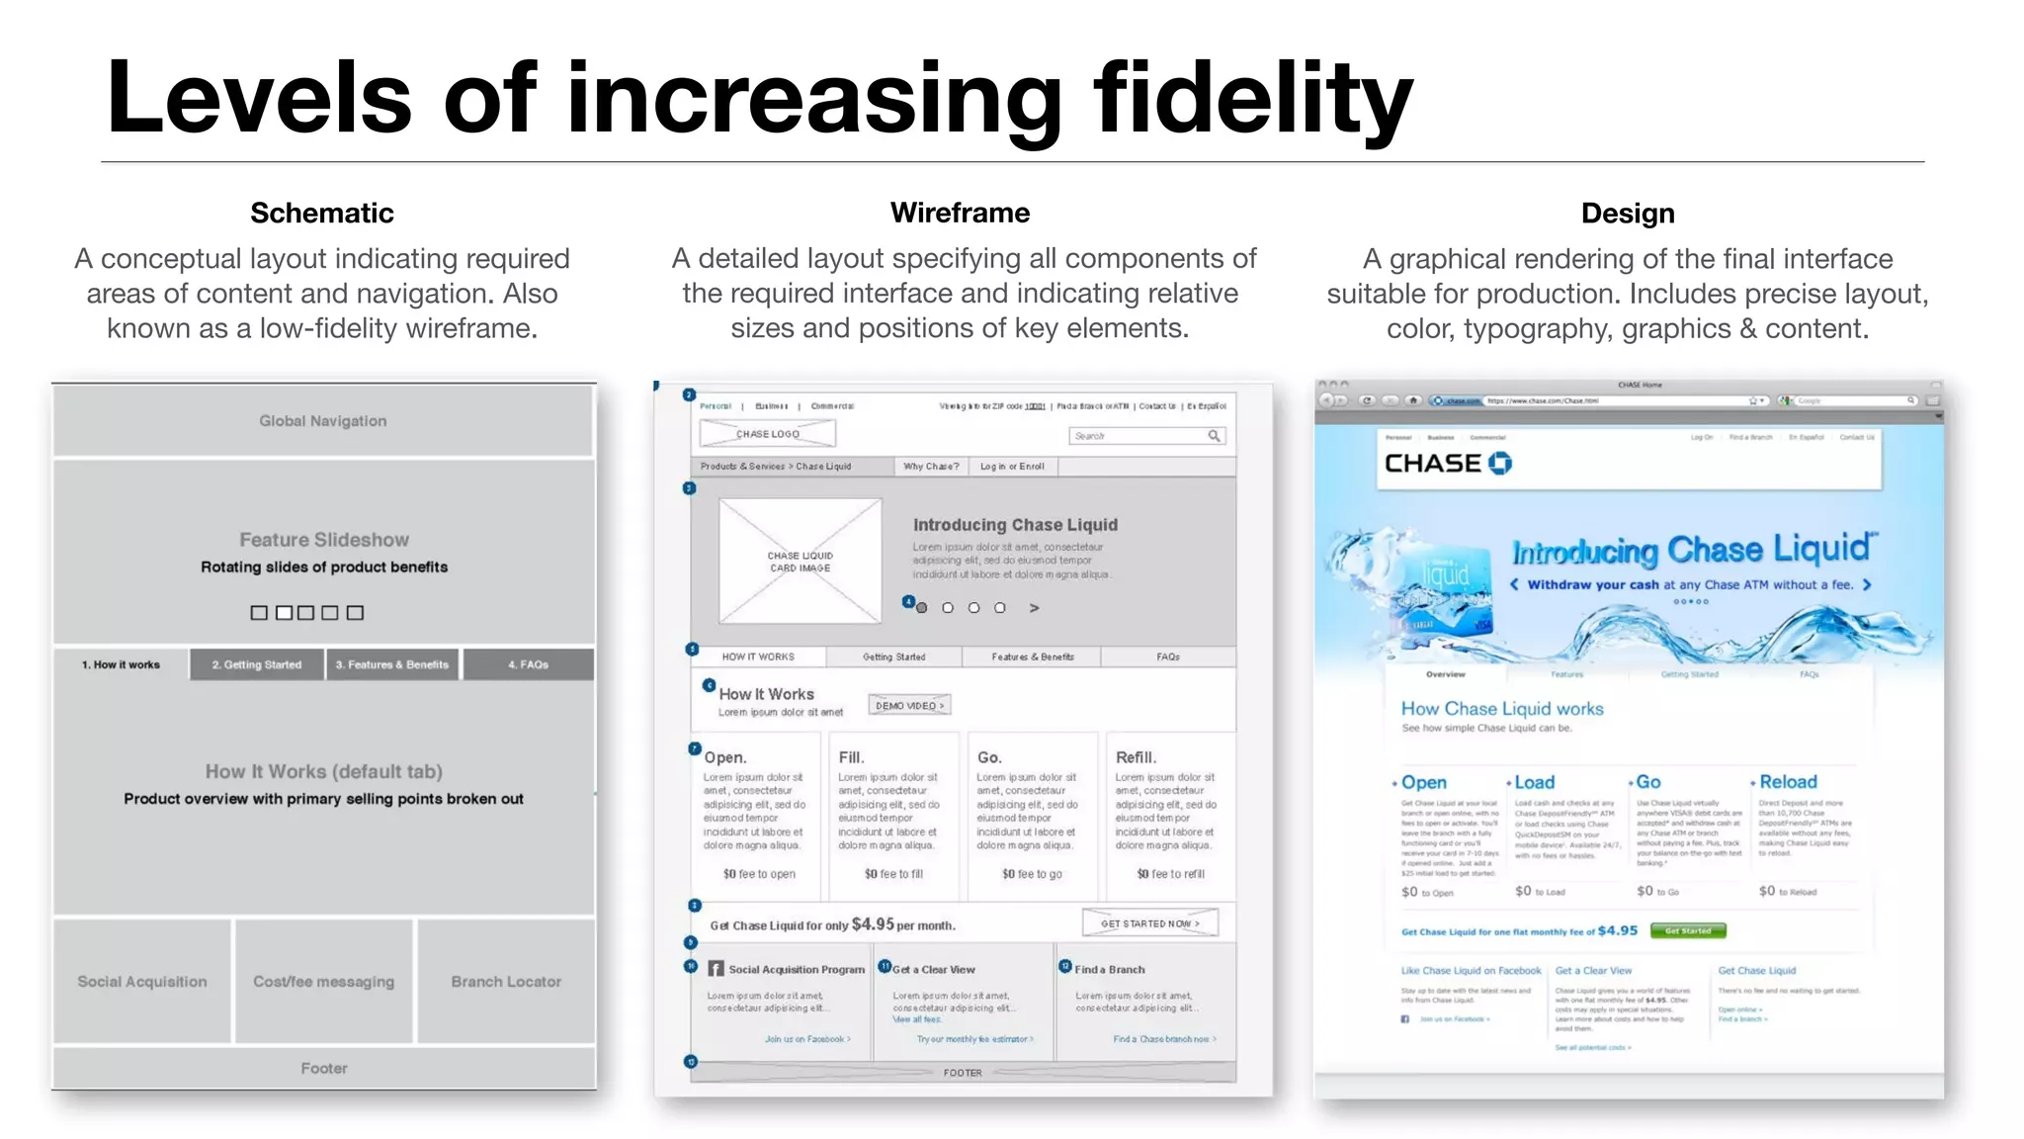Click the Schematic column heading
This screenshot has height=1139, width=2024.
(321, 213)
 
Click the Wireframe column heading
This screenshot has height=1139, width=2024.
(960, 213)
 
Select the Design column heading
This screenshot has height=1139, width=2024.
(1628, 213)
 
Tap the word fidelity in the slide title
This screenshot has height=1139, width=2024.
(1253, 99)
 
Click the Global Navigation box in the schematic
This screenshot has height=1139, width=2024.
(323, 421)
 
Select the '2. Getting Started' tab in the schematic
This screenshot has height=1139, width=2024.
(257, 664)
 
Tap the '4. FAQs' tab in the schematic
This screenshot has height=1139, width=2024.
(528, 664)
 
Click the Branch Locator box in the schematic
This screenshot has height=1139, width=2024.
(506, 982)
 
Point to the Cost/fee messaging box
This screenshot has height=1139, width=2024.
(323, 982)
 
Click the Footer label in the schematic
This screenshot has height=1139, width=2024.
(324, 1068)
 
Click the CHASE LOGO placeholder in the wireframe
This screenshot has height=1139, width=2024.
(767, 434)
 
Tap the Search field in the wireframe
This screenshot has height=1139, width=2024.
(1146, 436)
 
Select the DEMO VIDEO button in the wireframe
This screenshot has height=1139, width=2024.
(909, 705)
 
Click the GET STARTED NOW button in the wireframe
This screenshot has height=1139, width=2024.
(1150, 923)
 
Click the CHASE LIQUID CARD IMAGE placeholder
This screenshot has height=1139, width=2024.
(801, 562)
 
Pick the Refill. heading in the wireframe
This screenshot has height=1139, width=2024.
(1136, 757)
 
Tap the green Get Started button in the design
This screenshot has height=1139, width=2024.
(1688, 930)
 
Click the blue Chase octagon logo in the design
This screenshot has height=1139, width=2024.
(1499, 463)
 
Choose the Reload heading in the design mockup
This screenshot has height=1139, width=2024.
(1788, 782)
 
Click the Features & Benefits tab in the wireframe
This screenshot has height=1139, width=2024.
(1033, 657)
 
